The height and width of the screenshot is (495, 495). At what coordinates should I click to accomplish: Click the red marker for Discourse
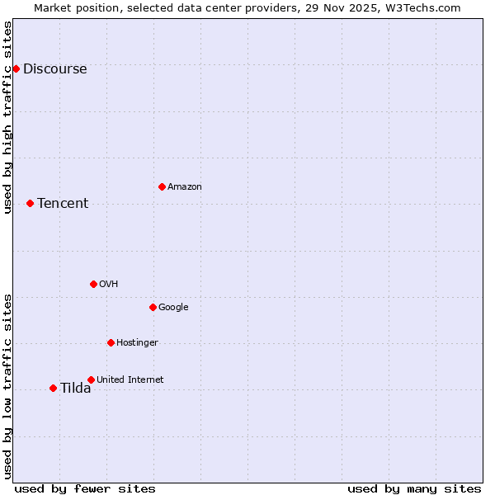16,68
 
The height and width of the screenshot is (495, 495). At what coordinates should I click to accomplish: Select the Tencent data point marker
30,203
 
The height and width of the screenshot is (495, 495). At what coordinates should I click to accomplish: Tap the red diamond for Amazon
162,186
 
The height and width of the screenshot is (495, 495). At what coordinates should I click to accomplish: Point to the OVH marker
93,284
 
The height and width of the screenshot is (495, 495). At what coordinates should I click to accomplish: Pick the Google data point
153,307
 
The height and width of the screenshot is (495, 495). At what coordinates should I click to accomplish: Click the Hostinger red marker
111,342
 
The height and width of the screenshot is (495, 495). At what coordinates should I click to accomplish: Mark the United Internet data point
91,379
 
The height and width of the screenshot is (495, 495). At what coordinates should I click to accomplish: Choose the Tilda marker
53,388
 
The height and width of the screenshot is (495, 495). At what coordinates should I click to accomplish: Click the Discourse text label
54,69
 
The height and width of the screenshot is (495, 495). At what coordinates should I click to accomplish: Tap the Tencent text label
63,204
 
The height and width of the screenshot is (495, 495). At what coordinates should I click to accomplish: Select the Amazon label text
185,187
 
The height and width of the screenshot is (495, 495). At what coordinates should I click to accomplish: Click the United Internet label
130,380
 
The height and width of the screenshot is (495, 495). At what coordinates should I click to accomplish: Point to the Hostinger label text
137,343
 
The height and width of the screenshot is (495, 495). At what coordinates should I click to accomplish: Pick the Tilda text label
75,389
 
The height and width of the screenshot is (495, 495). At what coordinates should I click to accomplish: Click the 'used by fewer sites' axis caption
85,488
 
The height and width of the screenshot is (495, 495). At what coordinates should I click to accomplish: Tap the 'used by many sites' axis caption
414,488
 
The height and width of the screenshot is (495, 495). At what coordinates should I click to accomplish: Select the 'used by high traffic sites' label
8,117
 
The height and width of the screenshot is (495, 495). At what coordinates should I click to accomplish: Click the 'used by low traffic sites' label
8,386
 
